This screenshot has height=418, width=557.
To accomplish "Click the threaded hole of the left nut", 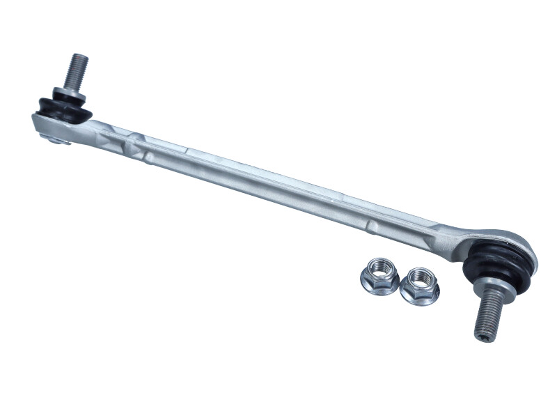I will [x=381, y=268].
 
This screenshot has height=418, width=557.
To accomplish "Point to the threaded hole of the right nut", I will [x=420, y=277].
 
